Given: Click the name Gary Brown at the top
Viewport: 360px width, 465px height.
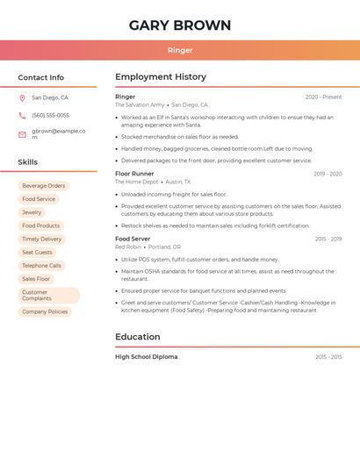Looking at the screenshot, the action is pyautogui.click(x=180, y=25).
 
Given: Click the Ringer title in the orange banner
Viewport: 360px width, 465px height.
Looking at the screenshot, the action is pyautogui.click(x=180, y=50).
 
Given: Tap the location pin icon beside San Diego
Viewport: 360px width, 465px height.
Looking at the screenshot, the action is pyautogui.click(x=22, y=98).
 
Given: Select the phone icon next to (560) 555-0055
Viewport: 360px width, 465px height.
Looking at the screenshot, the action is pyautogui.click(x=22, y=115).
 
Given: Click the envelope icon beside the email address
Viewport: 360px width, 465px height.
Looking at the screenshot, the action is pyautogui.click(x=22, y=134).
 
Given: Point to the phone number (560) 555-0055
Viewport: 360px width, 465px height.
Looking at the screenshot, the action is pyautogui.click(x=50, y=115).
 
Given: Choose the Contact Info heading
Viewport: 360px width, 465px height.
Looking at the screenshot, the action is pyautogui.click(x=40, y=77).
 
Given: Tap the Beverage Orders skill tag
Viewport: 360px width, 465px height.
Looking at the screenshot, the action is pyautogui.click(x=44, y=186).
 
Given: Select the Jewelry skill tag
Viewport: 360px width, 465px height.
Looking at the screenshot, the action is pyautogui.click(x=32, y=212).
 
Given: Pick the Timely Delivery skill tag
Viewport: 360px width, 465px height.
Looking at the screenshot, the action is pyautogui.click(x=42, y=239).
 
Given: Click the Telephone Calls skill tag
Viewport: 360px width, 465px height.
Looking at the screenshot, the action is pyautogui.click(x=42, y=265).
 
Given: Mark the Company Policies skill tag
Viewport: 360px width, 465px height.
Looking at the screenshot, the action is pyautogui.click(x=45, y=311).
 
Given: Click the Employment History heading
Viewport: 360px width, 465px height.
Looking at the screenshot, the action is pyautogui.click(x=161, y=77).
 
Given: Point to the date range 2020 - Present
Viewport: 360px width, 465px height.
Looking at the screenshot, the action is pyautogui.click(x=323, y=97).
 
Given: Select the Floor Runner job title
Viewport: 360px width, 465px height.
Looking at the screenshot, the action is pyautogui.click(x=134, y=174).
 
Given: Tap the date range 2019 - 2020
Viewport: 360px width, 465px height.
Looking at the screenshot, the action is pyautogui.click(x=328, y=174).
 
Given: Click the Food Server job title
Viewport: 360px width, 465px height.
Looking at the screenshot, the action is pyautogui.click(x=133, y=239).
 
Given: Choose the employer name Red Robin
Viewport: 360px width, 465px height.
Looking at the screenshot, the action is pyautogui.click(x=128, y=247).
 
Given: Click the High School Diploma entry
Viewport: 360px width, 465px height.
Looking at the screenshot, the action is pyautogui.click(x=146, y=357).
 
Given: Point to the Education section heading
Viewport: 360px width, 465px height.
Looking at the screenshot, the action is pyautogui.click(x=138, y=337).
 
